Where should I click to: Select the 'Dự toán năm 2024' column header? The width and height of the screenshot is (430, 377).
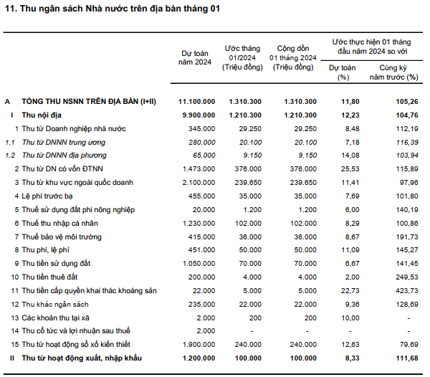pos(195,57)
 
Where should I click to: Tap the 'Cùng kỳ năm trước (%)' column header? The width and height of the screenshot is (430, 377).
pos(393,72)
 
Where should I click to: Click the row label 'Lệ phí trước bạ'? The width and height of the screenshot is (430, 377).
pos(47,196)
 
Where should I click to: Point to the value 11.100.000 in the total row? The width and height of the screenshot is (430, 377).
pos(196,102)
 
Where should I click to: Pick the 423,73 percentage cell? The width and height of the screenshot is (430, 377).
pos(407,290)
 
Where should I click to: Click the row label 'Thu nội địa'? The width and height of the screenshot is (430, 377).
pos(42,115)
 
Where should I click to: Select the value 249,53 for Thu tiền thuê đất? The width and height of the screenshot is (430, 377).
pos(407,277)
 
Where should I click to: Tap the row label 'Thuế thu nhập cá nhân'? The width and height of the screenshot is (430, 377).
pos(59,223)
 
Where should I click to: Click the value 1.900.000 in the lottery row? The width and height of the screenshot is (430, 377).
pos(199,344)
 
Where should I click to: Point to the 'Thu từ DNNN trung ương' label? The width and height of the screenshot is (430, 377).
pos(64,143)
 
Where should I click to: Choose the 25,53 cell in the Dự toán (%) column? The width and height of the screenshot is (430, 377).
pos(350,169)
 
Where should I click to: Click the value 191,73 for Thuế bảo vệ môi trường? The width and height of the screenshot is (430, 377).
pos(407,237)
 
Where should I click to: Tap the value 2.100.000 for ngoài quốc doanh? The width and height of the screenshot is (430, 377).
pos(199,183)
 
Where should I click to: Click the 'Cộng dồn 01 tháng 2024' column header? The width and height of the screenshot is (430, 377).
pos(293,57)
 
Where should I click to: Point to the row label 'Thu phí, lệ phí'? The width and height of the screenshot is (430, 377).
pos(46,249)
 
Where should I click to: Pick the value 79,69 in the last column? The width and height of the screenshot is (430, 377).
pos(409,344)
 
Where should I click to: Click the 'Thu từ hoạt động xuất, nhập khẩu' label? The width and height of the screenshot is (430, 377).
pos(82,358)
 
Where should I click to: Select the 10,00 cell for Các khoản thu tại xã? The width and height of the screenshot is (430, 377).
pos(350,318)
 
